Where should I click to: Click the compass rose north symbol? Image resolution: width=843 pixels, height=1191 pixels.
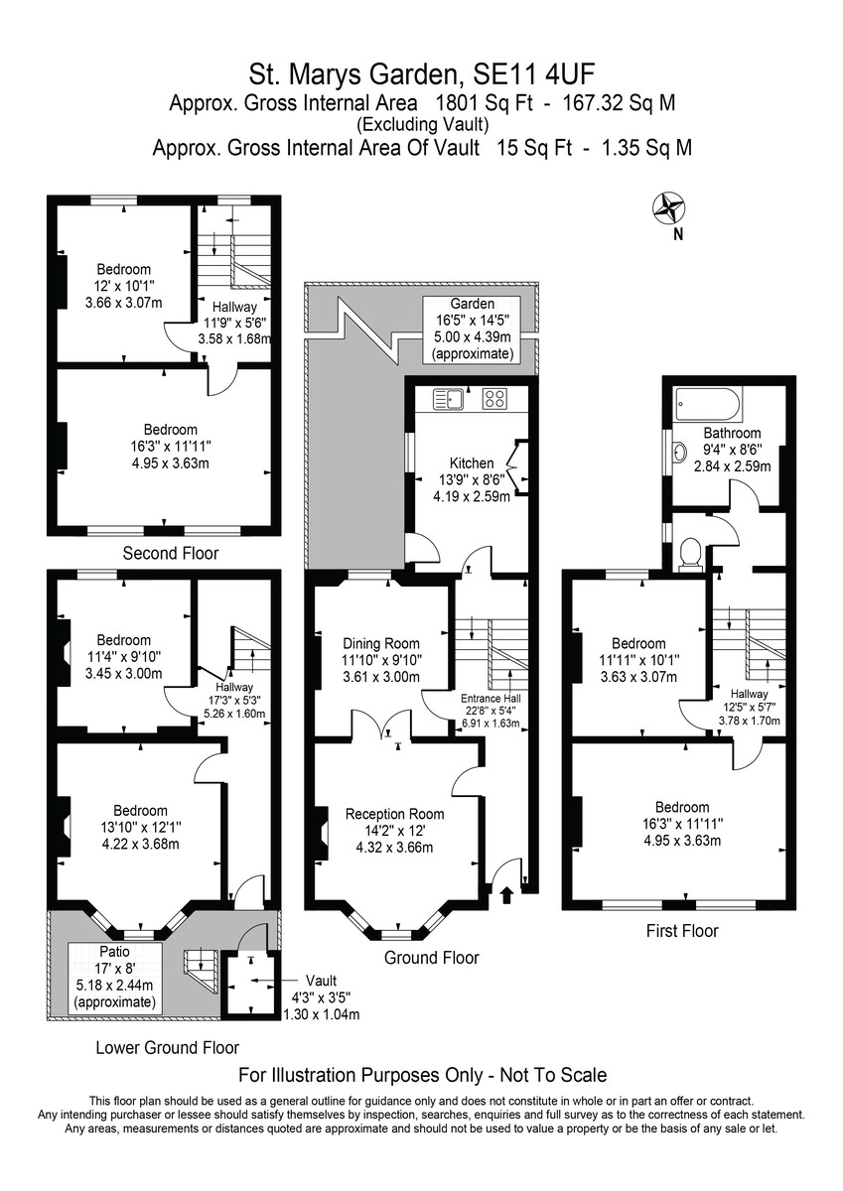(670, 207)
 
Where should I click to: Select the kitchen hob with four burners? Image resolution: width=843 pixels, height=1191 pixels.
(494, 399)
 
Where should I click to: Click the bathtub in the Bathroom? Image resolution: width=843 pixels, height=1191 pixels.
(707, 405)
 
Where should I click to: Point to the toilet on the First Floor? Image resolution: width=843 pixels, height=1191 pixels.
(691, 553)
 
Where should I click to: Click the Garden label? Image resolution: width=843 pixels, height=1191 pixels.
(473, 304)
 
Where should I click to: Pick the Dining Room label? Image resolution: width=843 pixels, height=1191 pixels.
(381, 644)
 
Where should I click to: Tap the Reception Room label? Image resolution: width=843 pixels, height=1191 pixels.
(394, 814)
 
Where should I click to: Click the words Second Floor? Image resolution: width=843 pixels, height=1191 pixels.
(170, 554)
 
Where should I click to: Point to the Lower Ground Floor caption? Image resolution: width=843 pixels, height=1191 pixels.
(167, 1048)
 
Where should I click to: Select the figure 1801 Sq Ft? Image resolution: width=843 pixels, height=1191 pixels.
(484, 102)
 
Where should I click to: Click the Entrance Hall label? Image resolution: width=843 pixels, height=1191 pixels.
(491, 699)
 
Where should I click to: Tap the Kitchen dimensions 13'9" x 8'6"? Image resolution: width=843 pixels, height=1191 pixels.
(472, 480)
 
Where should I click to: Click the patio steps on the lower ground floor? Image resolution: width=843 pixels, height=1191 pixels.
(201, 973)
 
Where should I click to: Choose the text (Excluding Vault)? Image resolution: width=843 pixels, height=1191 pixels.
(422, 125)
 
